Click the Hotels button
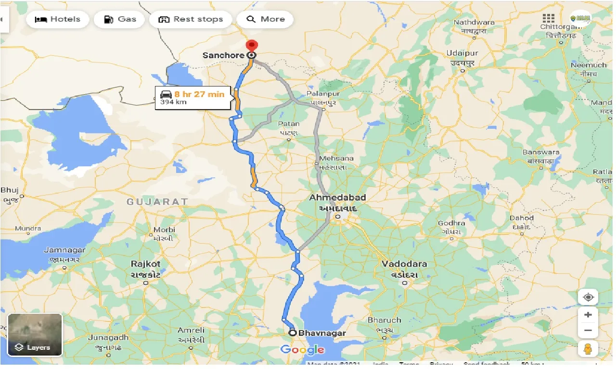58,19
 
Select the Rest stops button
191,19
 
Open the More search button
266,19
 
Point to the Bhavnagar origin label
321,332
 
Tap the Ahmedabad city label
338,197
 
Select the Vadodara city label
404,264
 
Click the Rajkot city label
146,264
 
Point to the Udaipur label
462,52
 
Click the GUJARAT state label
157,202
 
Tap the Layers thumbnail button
35,334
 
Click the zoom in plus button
588,315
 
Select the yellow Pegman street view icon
588,349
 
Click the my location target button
588,297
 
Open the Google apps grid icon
548,18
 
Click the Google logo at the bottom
302,350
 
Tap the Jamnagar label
64,250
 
